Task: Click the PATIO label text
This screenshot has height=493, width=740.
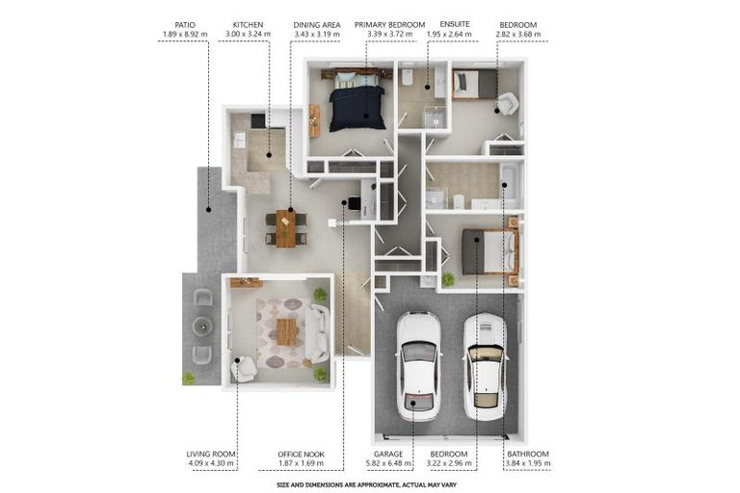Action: coord(184,25)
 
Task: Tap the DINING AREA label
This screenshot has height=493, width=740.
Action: coord(316,25)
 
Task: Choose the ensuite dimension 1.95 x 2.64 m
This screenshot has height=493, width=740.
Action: coord(455,35)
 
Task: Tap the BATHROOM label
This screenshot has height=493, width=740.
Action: coord(529,454)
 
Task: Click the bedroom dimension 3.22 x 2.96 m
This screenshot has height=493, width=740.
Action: coord(449,463)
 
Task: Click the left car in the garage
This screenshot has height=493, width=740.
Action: coord(419,367)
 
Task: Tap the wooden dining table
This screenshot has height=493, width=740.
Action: coord(286,228)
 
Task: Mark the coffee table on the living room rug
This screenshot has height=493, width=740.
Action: coord(286,331)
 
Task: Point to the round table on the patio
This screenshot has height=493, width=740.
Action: coord(202,325)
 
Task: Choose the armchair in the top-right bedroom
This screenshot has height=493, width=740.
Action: coord(508,103)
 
